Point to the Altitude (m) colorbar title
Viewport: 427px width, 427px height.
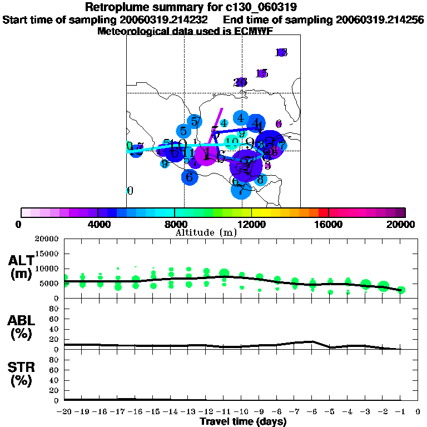click(206, 232)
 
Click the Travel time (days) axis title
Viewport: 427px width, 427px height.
click(243, 421)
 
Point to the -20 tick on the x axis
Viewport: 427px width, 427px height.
click(64, 412)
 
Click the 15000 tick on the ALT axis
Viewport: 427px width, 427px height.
click(47, 254)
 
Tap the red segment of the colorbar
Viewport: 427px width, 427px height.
click(324, 212)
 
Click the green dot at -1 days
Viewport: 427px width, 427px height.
click(401, 290)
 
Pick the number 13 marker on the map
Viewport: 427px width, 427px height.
click(281, 52)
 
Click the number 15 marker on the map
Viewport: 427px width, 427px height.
click(262, 73)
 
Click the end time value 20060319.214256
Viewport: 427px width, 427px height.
click(380, 19)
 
